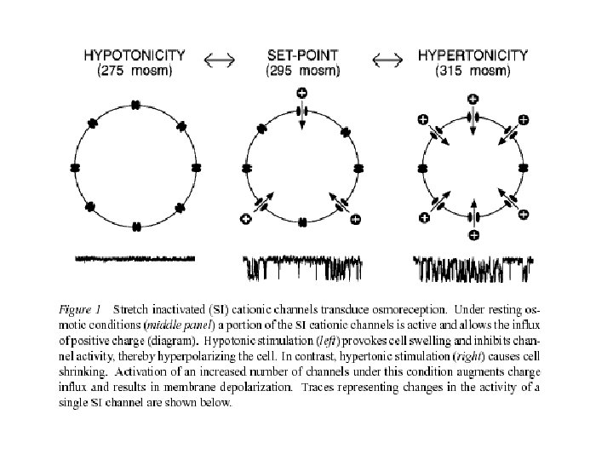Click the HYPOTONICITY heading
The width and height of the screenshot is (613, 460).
(x=135, y=55)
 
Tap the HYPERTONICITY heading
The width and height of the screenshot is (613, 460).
(x=473, y=55)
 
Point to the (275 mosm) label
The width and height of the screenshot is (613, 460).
(x=135, y=70)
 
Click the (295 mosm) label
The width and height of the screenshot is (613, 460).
(x=302, y=70)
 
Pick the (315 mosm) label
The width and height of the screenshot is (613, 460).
(x=473, y=70)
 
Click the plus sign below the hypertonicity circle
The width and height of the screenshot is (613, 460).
(x=473, y=234)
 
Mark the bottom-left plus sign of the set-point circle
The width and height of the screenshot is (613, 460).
(x=248, y=219)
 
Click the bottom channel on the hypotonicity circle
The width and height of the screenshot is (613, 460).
(x=135, y=227)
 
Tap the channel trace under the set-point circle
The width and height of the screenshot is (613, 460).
(x=303, y=267)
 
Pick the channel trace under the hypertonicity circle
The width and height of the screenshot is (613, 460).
(x=473, y=267)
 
